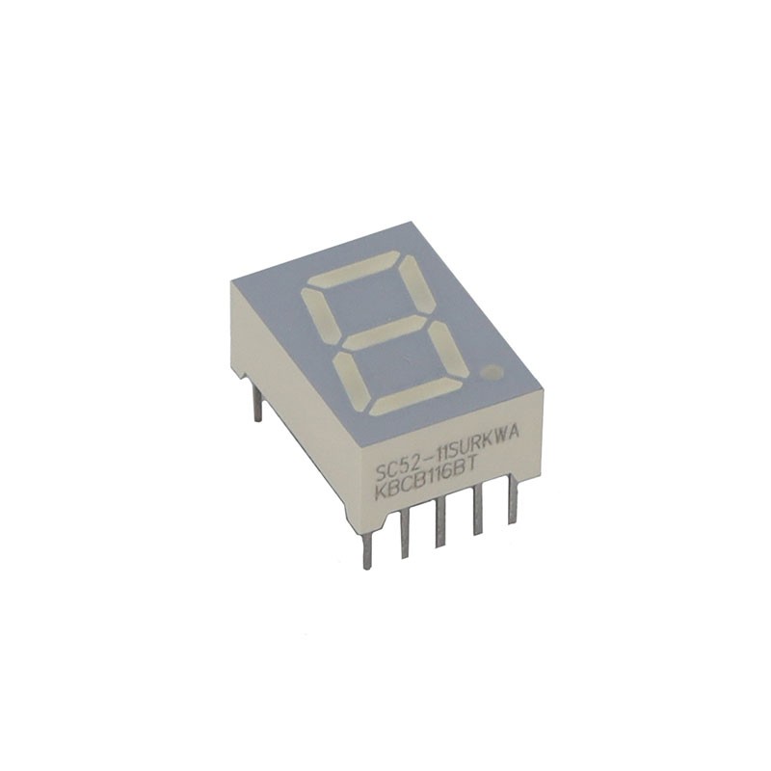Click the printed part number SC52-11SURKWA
pos(446,452)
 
